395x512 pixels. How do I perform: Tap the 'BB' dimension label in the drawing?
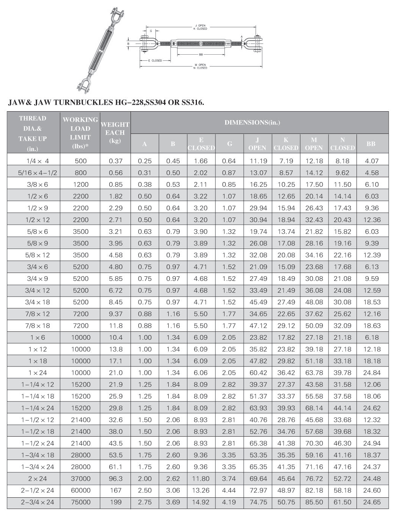point(201,55)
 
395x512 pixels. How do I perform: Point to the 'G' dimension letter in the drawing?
point(151,31)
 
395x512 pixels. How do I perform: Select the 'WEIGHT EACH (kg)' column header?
point(115,132)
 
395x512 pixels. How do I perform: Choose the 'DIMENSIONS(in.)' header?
point(252,123)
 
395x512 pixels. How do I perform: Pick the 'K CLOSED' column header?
point(286,144)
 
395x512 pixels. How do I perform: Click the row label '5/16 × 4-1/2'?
point(37,173)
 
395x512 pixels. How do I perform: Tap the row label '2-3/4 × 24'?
point(37,502)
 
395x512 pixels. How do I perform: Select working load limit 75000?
point(81,502)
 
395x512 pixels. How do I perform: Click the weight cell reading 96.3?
point(115,478)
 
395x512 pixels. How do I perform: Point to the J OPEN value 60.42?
point(258,373)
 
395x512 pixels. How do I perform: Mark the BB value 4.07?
point(372,161)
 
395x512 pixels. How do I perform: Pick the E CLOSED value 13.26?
point(201,491)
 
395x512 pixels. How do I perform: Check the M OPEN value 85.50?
point(314,502)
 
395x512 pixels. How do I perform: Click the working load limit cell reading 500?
point(81,161)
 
